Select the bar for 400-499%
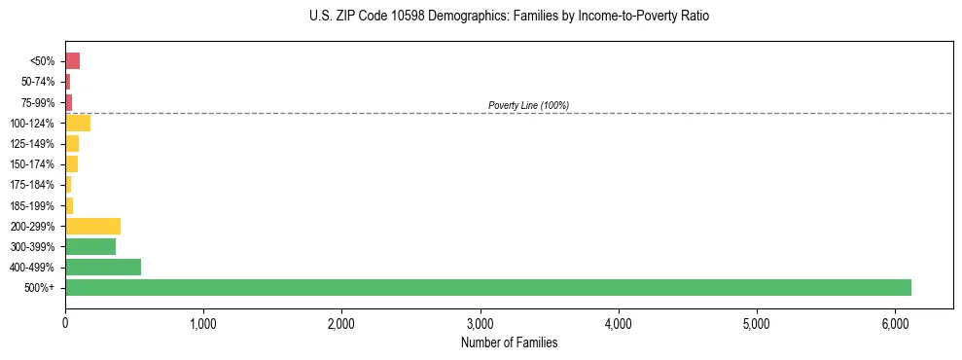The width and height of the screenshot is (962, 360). click(103, 267)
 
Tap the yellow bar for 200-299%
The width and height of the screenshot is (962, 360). click(92, 226)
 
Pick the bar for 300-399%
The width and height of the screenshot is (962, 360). click(90, 246)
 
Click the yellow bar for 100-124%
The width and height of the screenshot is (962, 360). click(78, 123)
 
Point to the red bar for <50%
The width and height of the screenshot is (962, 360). click(72, 61)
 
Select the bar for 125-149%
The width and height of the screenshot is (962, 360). click(72, 143)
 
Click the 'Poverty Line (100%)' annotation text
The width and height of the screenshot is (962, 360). click(528, 105)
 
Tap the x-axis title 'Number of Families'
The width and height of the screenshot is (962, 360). click(509, 342)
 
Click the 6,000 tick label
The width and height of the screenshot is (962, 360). click(895, 323)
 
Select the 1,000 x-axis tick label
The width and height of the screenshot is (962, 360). click(203, 323)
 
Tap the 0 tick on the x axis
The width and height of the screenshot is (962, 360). click(65, 323)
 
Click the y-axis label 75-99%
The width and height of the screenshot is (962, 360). click(39, 102)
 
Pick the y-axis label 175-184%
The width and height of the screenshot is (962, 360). click(34, 185)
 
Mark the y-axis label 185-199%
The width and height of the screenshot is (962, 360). click(34, 205)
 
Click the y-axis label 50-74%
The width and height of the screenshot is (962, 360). click(39, 82)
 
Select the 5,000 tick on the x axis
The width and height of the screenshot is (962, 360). click(757, 323)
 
